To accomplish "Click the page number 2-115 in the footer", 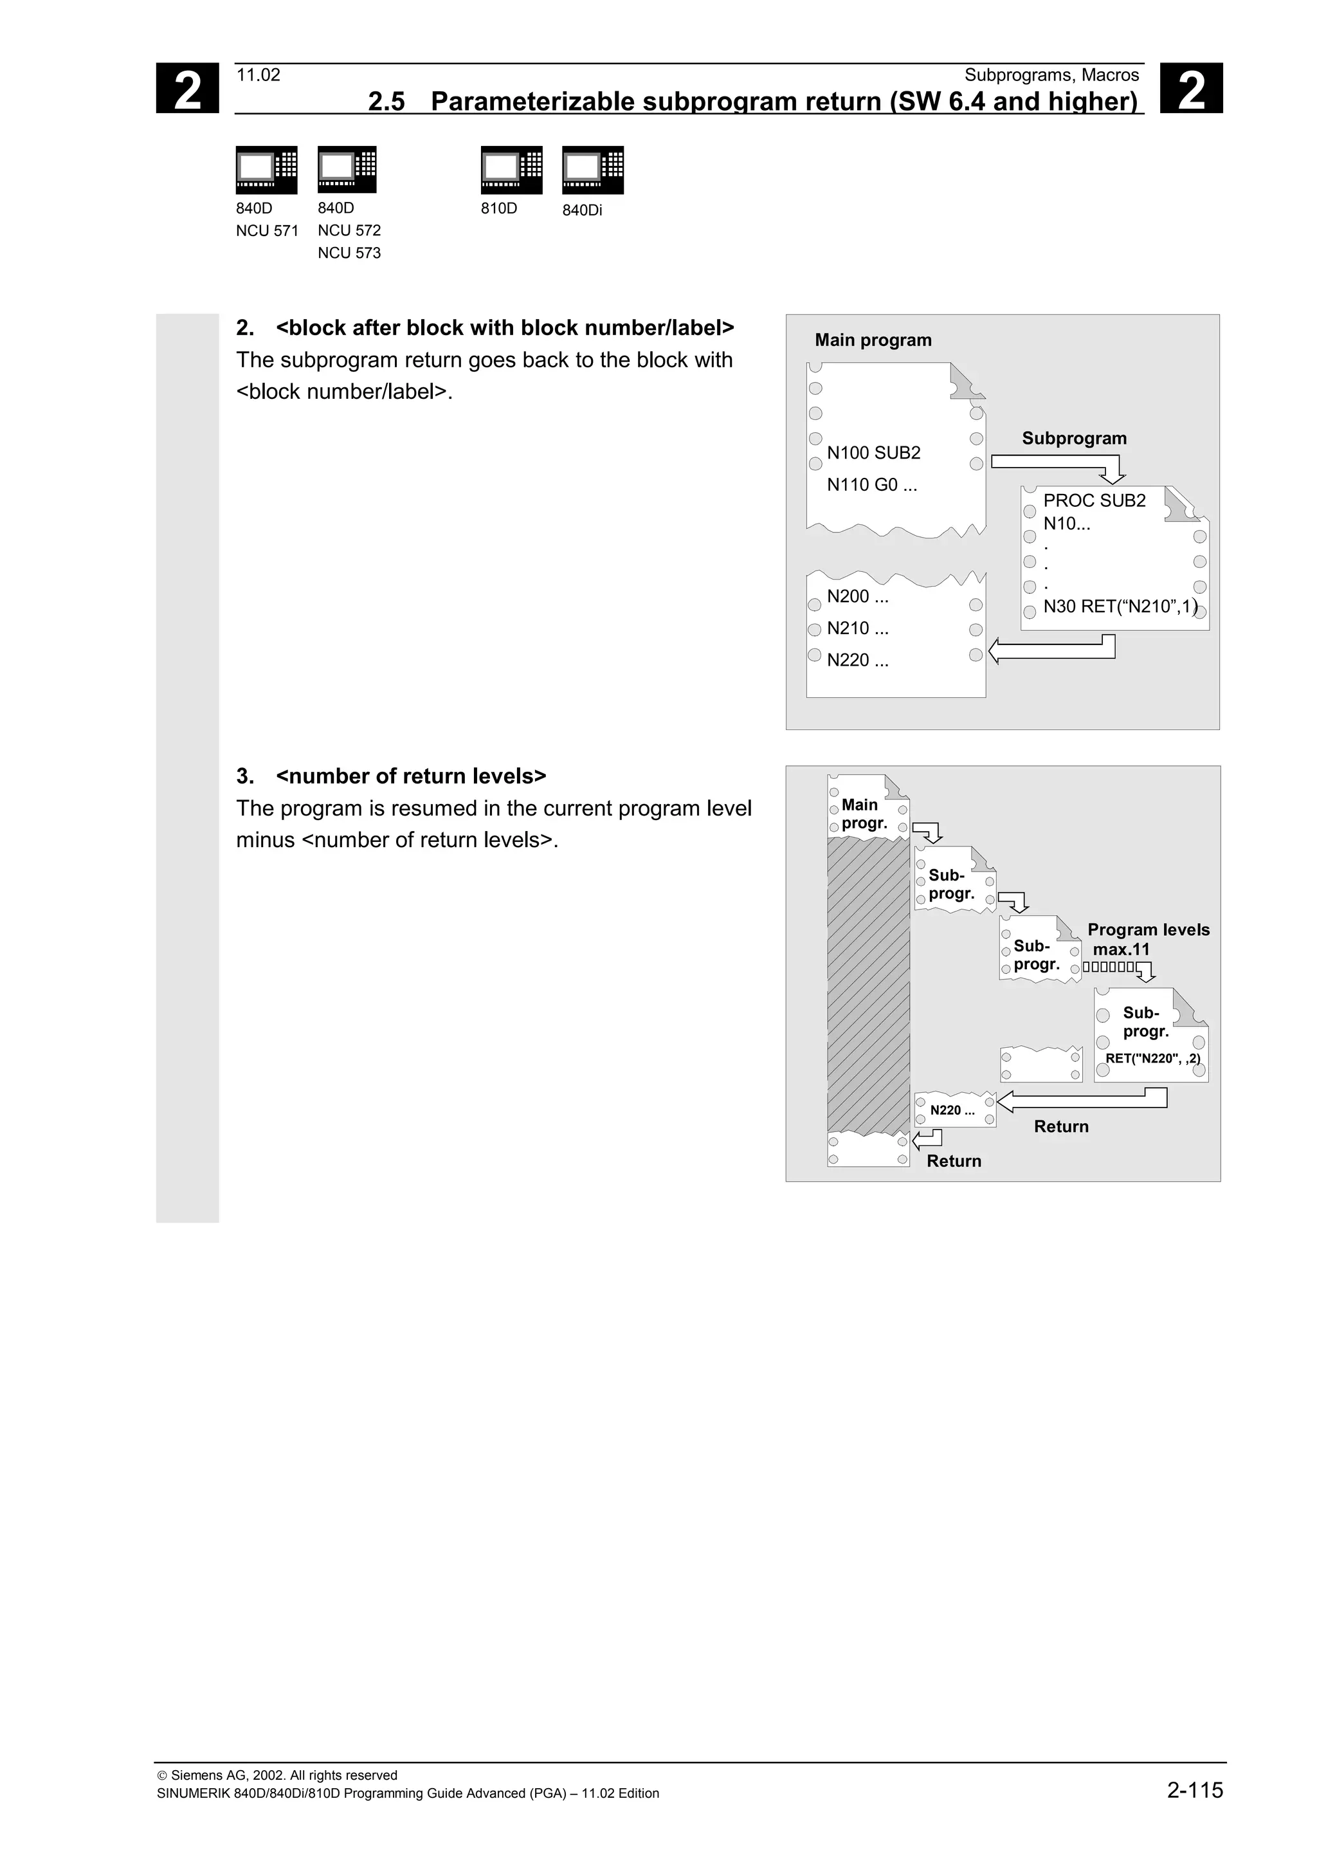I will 1194,1789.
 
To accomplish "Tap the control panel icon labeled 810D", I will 511,170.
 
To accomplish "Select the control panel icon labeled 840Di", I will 592,170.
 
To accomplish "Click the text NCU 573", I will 349,253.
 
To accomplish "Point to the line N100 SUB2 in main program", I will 873,453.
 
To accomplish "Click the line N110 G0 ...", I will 871,485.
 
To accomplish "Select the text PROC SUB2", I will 1094,500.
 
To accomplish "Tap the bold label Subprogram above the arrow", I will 1073,439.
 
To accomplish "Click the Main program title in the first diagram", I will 873,340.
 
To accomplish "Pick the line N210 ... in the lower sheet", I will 857,628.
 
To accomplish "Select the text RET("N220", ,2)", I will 1152,1059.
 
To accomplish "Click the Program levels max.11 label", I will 1147,939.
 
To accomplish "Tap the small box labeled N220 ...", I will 952,1110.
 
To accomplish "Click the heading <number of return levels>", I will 411,776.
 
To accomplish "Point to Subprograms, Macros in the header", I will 1051,75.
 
